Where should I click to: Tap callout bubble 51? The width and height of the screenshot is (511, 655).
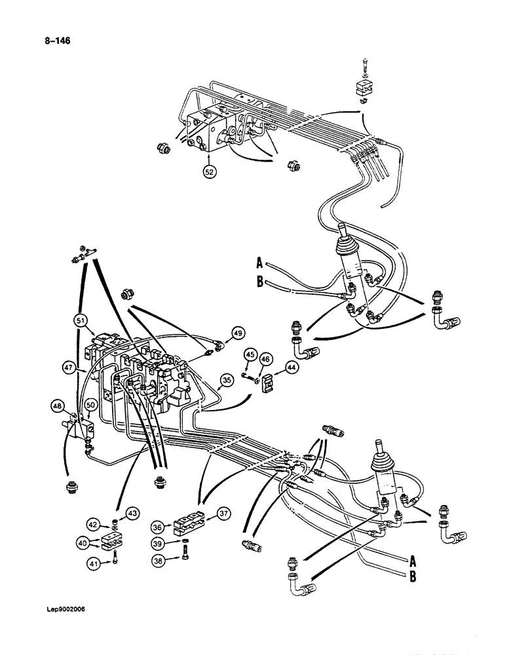coord(80,320)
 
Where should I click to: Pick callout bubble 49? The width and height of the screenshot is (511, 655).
coord(237,333)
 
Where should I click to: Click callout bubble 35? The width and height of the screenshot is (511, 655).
coord(227,379)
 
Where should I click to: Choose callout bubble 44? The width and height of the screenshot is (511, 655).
coord(290,369)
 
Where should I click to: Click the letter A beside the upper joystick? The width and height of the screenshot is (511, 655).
coord(259,264)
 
